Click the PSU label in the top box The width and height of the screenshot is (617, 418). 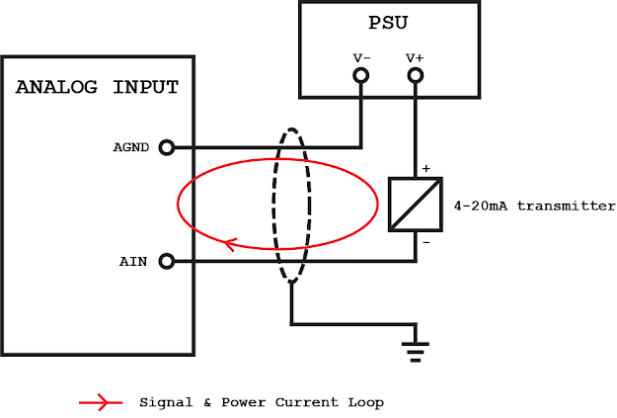387,20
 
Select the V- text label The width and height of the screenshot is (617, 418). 361,58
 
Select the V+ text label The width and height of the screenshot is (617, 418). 414,58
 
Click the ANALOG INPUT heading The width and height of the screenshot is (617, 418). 97,87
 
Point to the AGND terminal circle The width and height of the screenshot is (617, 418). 166,147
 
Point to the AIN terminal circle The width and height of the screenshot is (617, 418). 166,261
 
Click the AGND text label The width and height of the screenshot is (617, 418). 130,147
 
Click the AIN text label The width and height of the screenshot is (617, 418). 134,261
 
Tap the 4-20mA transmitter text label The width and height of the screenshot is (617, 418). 533,207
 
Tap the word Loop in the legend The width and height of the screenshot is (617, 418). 365,402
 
